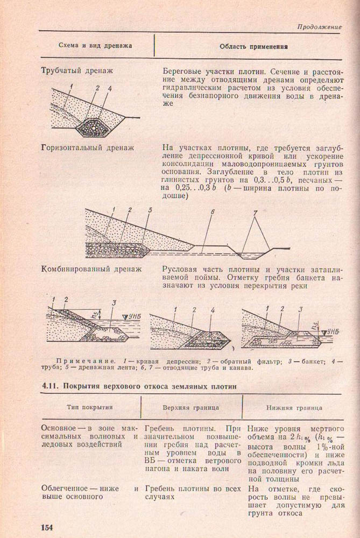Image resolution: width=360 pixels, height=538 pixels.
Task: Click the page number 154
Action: point(49,526)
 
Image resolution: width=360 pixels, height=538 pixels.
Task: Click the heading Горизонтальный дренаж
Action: point(87,147)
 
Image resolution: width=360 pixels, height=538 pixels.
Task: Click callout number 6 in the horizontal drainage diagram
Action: point(213,212)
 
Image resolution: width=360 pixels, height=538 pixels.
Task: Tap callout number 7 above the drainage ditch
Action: point(255,214)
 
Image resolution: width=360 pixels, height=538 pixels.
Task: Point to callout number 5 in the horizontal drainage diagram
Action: point(150,210)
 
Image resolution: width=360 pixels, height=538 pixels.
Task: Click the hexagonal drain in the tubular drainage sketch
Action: point(95,128)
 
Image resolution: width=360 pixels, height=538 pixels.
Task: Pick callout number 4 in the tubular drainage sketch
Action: point(110,88)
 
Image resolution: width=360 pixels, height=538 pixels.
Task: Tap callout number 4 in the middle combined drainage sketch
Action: point(213,310)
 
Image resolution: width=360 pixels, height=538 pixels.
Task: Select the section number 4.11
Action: point(51,386)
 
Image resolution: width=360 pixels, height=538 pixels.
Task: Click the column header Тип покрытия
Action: point(89,408)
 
